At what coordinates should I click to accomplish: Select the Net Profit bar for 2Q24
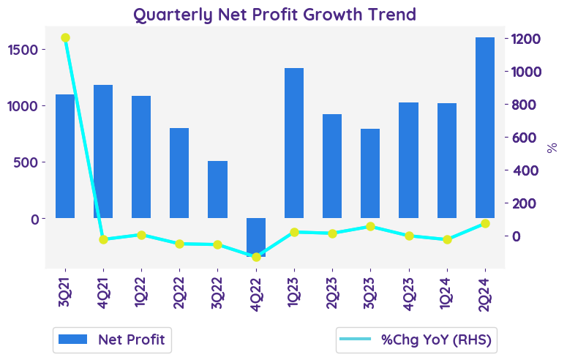485,128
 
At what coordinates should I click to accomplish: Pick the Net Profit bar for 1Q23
294,143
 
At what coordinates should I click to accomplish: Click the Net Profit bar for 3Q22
218,190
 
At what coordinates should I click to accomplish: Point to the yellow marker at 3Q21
66,38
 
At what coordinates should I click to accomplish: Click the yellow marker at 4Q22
256,257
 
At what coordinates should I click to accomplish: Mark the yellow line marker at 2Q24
485,223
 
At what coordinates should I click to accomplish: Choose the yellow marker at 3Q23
370,227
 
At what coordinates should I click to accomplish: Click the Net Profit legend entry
112,340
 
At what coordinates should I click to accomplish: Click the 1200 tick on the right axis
527,39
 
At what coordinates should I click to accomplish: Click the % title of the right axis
552,148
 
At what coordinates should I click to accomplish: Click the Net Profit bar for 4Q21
103,151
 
